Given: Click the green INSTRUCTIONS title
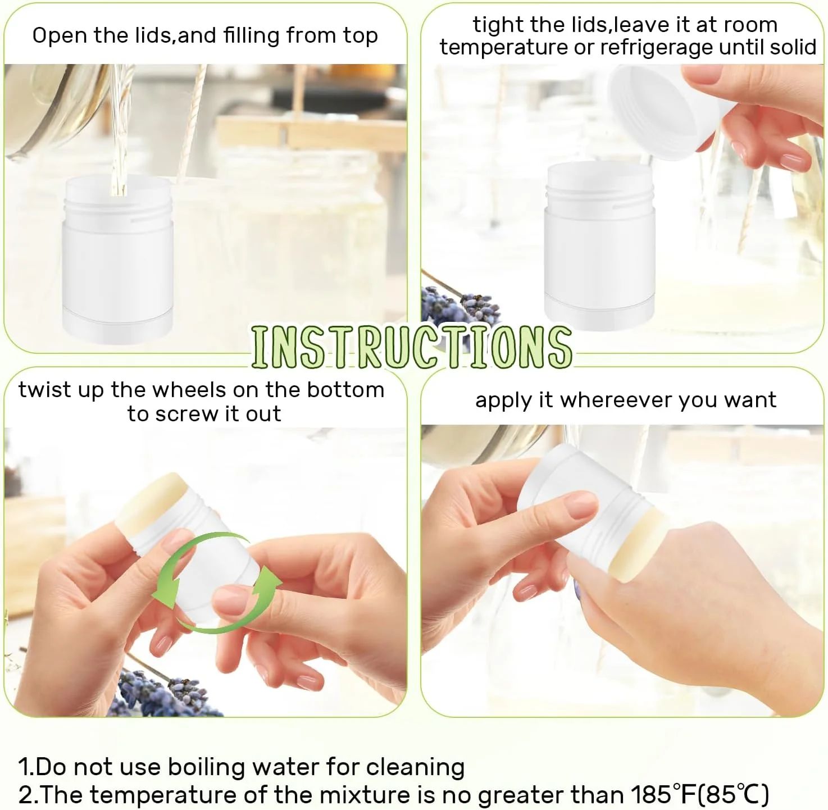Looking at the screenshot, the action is [x=411, y=348].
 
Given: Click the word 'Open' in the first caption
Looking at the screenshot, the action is [x=60, y=36].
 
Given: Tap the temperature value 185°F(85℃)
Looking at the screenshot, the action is [x=699, y=794].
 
